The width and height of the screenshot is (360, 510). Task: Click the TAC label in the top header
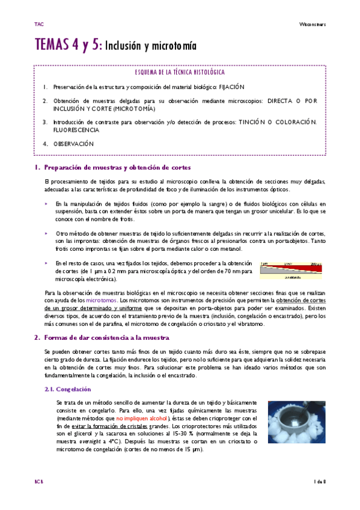click(39, 25)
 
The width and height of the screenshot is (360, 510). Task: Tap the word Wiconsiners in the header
click(313, 25)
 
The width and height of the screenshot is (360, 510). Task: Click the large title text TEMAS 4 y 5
click(69, 45)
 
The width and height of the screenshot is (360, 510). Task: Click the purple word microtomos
click(102, 300)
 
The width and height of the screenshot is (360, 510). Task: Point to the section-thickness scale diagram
click(293, 271)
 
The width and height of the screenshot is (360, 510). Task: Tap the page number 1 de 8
click(320, 481)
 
